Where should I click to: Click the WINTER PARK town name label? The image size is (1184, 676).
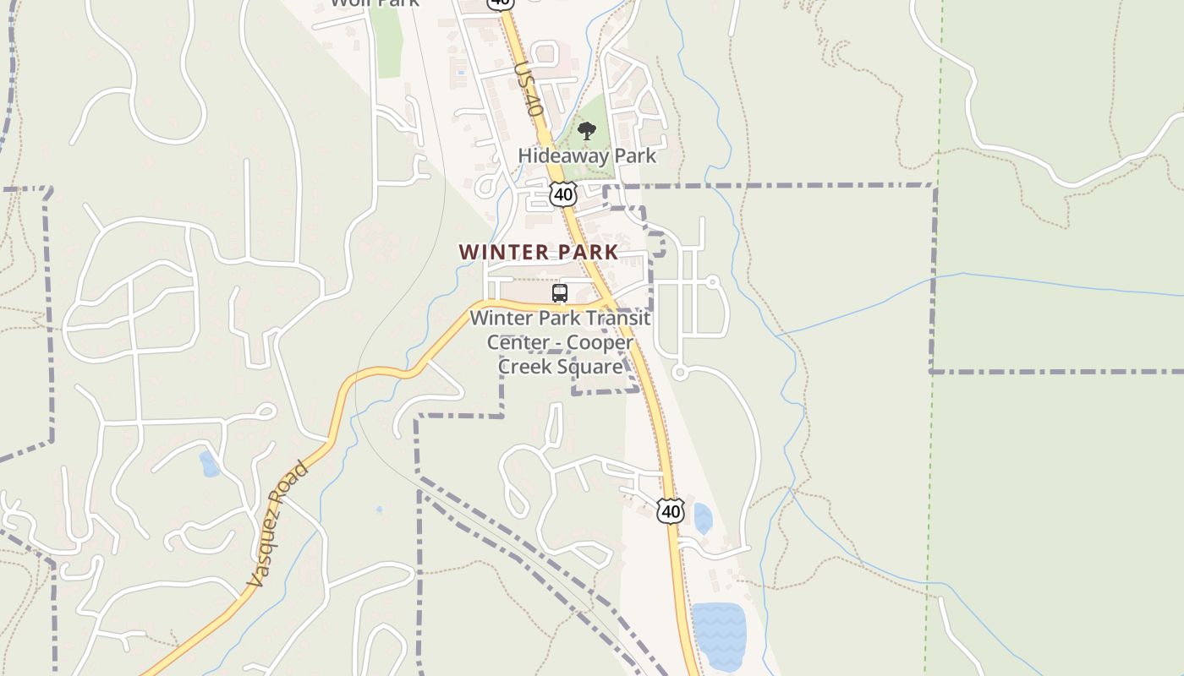[539, 252]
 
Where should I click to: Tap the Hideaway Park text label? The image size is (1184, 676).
[587, 155]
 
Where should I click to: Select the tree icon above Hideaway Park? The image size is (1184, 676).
[586, 131]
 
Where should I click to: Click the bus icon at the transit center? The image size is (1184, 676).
[559, 293]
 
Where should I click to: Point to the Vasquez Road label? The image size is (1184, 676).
[277, 524]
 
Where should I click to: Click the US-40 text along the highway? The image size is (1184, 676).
[526, 89]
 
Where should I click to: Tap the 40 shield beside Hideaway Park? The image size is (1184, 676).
[562, 194]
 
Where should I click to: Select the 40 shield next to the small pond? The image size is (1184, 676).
[670, 510]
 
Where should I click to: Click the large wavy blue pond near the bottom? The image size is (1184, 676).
[719, 636]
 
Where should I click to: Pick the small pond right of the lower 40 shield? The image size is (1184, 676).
[702, 518]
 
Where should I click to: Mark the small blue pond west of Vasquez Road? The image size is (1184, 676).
[209, 464]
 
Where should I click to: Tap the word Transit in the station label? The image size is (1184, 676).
[617, 319]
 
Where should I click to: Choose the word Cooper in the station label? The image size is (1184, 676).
[600, 342]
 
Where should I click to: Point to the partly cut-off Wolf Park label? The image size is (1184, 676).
[374, 3]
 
